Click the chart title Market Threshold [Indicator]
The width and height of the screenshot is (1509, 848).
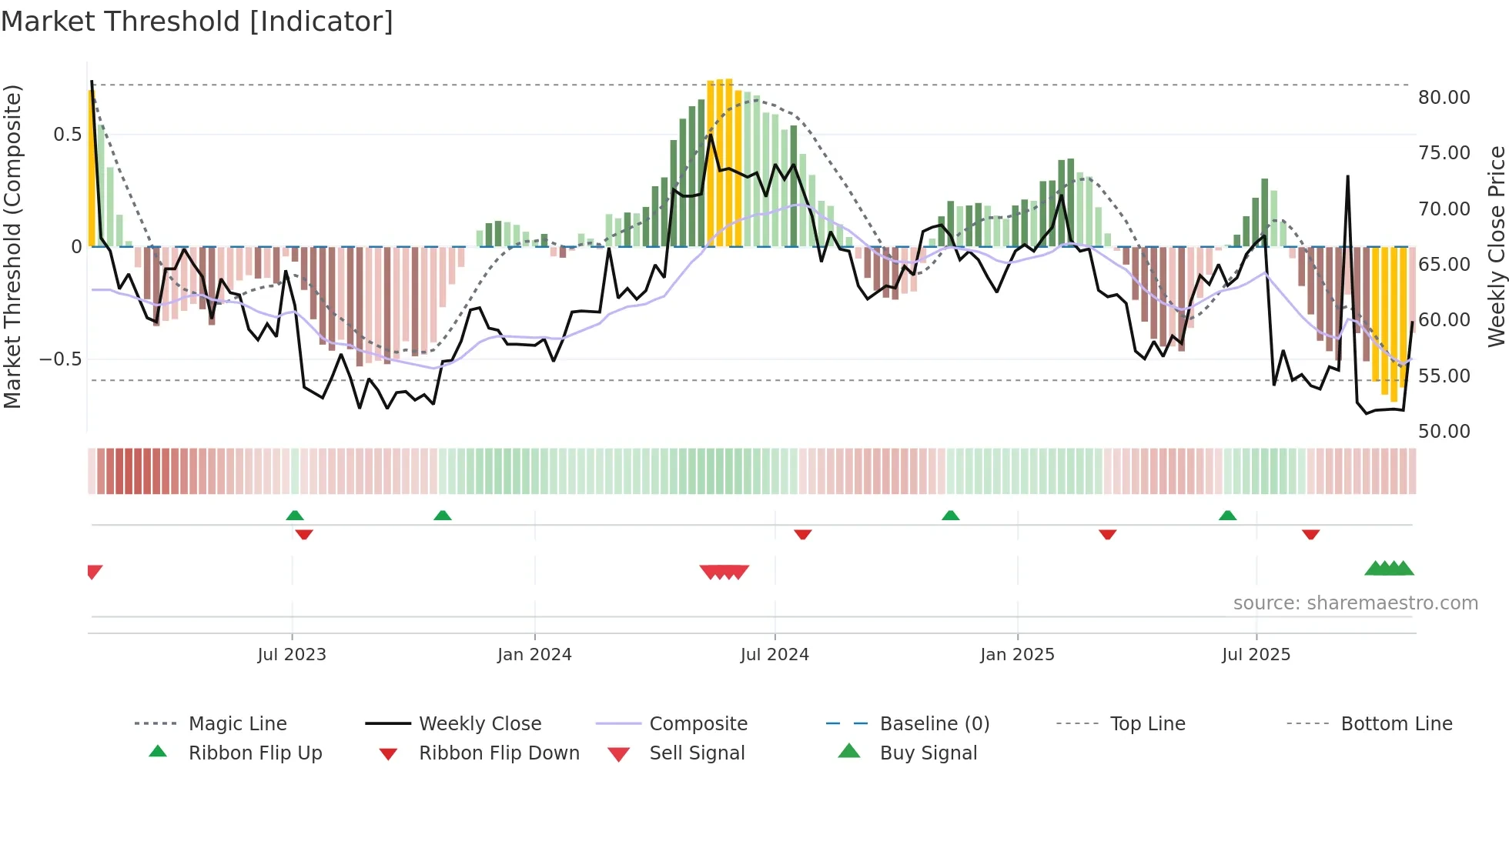click(197, 22)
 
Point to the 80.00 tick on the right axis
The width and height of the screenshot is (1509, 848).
click(1444, 98)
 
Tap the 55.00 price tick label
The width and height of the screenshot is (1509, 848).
click(1444, 376)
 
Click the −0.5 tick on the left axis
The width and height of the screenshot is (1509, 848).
click(60, 359)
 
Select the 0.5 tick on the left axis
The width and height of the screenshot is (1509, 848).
click(67, 135)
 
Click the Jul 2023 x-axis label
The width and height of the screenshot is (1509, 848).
click(292, 655)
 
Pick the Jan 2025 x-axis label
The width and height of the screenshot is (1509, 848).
click(1017, 655)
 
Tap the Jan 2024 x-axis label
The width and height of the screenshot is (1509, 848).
click(534, 655)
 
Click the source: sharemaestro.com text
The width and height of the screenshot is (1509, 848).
click(1355, 603)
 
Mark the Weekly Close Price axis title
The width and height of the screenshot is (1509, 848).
click(1496, 246)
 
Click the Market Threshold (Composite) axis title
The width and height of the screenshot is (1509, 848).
click(12, 246)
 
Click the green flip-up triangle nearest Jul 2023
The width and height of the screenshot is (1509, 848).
click(295, 516)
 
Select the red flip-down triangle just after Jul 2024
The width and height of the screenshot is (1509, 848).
click(803, 534)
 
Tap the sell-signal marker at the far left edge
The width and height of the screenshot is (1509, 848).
click(94, 572)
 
